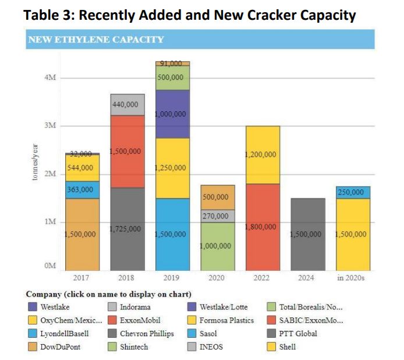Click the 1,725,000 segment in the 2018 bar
click(127, 229)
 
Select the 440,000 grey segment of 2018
click(127, 104)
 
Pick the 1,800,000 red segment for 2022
click(262, 227)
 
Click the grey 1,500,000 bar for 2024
click(306, 234)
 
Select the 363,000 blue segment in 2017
click(82, 189)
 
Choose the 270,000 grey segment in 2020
click(217, 216)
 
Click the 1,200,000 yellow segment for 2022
click(262, 155)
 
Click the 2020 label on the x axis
click(217, 278)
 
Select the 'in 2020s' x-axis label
click(351, 278)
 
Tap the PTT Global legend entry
click(299, 334)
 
